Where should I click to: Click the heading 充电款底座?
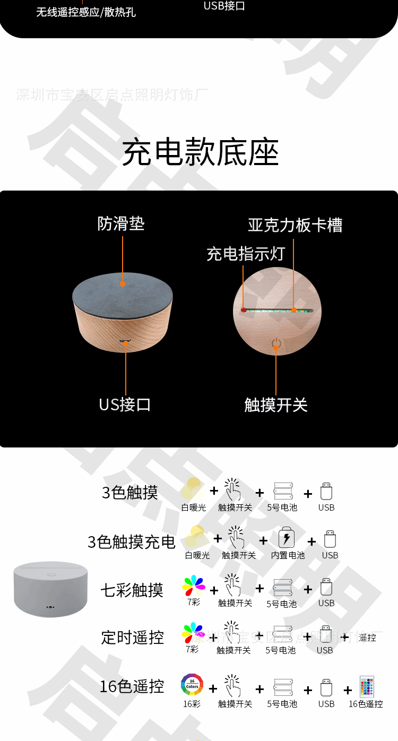(x=200, y=153)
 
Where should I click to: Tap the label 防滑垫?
(x=121, y=223)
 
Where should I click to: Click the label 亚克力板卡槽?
(x=295, y=225)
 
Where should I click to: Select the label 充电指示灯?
(x=246, y=254)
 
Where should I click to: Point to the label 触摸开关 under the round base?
(x=275, y=405)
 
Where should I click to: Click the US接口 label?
(x=125, y=404)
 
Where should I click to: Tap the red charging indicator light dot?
(x=244, y=310)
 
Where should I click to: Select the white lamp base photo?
(x=50, y=589)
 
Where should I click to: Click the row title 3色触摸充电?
(x=131, y=542)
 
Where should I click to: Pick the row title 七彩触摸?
(x=132, y=590)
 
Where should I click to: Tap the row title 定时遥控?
(x=132, y=637)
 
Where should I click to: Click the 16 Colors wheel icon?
(x=192, y=685)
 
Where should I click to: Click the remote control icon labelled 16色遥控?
(x=367, y=686)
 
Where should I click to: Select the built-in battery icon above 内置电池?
(x=287, y=538)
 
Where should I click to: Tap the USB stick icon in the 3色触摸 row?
(x=326, y=491)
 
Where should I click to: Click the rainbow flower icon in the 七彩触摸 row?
(x=193, y=586)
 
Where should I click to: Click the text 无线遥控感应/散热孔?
(x=86, y=12)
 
